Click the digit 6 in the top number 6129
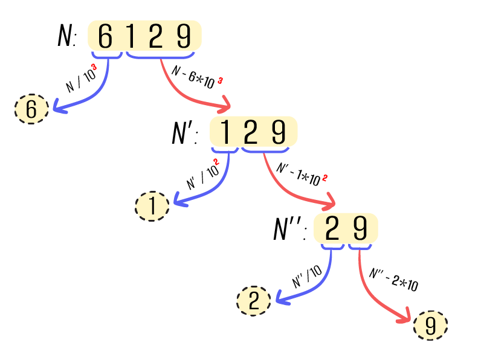coord(105,37)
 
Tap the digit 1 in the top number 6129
coord(130,37)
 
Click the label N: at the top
coord(66,37)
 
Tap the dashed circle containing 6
coord(31,109)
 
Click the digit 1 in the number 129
coord(225,133)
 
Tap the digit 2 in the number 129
coord(251,133)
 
